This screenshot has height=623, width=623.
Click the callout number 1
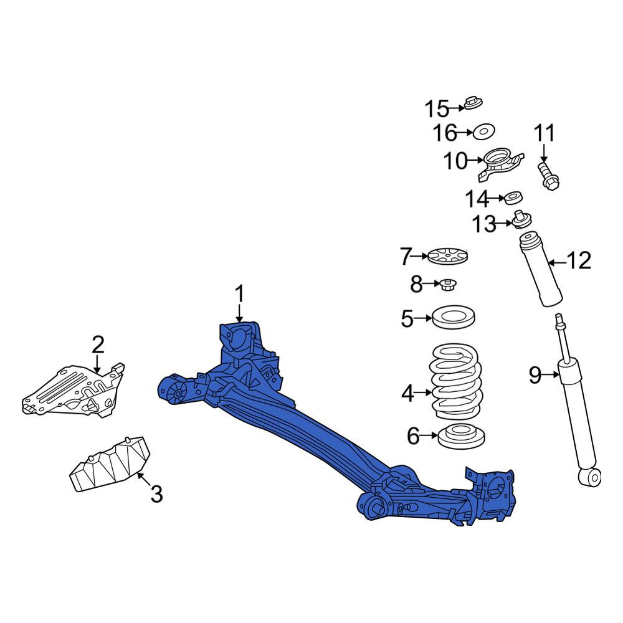pyautogui.click(x=239, y=294)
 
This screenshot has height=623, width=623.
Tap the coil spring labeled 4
pyautogui.click(x=457, y=381)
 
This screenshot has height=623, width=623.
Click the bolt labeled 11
pyautogui.click(x=549, y=176)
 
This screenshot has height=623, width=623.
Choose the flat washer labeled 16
pyautogui.click(x=484, y=131)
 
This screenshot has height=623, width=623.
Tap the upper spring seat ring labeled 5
pyautogui.click(x=454, y=318)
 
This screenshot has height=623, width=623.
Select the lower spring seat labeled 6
pyautogui.click(x=461, y=436)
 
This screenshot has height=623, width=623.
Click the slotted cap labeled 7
pyautogui.click(x=448, y=256)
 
